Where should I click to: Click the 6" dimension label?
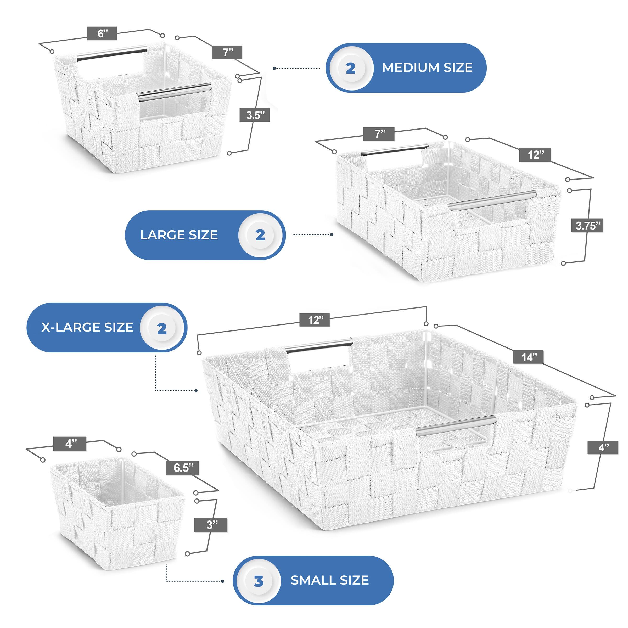coord(102,33)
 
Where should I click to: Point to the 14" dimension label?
coord(529,357)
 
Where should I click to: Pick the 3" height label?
coord(211,525)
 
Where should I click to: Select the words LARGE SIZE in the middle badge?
coord(179,235)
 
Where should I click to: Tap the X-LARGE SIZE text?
coord(87,327)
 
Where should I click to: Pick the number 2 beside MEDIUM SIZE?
coord(350,68)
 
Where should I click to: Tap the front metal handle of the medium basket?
coord(174,90)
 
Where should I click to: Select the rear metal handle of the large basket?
coord(395,149)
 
